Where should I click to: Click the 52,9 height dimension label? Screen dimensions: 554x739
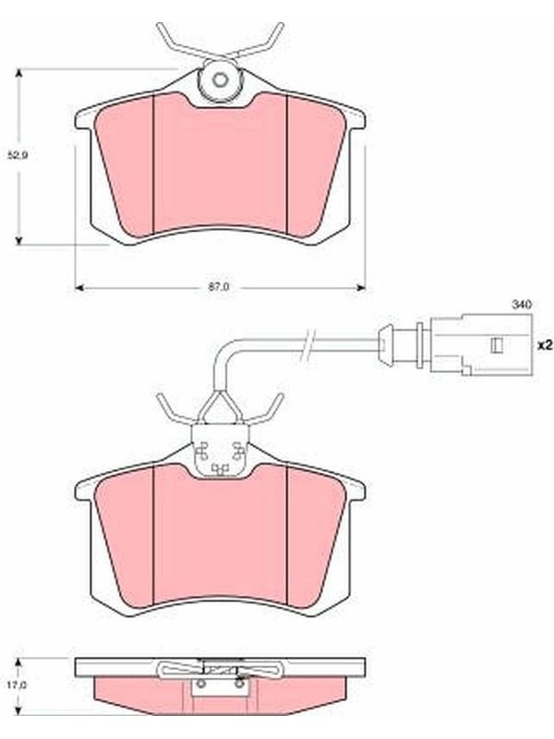tap(18, 155)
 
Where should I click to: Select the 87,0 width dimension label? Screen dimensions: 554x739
tap(219, 287)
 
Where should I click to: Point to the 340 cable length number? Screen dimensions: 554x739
tap(522, 304)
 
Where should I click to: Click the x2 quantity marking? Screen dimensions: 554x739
tap(545, 345)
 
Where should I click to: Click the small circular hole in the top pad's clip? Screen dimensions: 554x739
tap(220, 79)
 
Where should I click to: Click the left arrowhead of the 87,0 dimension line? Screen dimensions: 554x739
tap(79, 287)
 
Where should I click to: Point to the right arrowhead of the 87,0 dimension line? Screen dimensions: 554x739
tap(361, 287)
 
